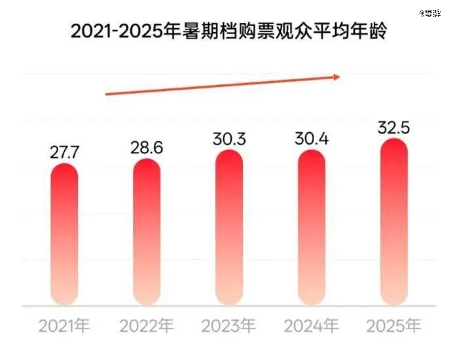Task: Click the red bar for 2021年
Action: [x=64, y=234]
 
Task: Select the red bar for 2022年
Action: [x=147, y=231]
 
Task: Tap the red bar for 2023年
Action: [x=229, y=227]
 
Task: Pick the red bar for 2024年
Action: [x=312, y=227]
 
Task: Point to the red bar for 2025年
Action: [x=393, y=222]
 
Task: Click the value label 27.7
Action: [x=64, y=153]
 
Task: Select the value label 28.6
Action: [x=147, y=148]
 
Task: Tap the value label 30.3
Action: [x=229, y=139]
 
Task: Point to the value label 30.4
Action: [x=312, y=139]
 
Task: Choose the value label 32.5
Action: [x=393, y=128]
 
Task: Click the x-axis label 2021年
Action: [x=64, y=325]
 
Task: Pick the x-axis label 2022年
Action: [x=147, y=325]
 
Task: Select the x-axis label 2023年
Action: [x=229, y=325]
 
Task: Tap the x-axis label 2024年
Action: [x=312, y=325]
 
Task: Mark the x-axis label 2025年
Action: [x=393, y=325]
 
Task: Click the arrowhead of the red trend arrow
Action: [x=336, y=77]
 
